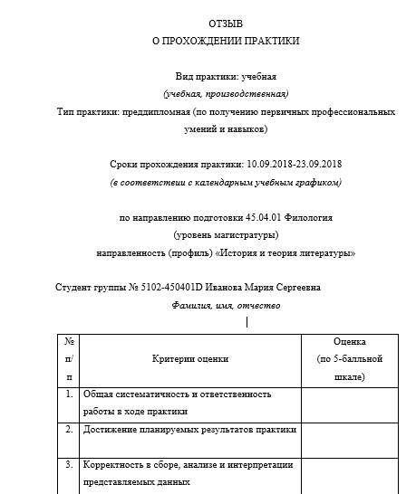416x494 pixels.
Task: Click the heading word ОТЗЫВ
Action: coord(225,22)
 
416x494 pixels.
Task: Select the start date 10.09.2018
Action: coord(269,164)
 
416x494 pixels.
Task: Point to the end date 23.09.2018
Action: coord(319,164)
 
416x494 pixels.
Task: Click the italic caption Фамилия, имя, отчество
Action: coord(226,306)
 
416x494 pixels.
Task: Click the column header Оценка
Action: coord(349,342)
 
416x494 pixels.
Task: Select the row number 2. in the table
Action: coord(69,430)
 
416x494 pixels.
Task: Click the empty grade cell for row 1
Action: coord(349,403)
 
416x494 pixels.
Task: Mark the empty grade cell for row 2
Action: coord(349,439)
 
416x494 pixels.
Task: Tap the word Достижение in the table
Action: coord(108,430)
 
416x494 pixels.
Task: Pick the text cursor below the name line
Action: coord(247,320)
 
